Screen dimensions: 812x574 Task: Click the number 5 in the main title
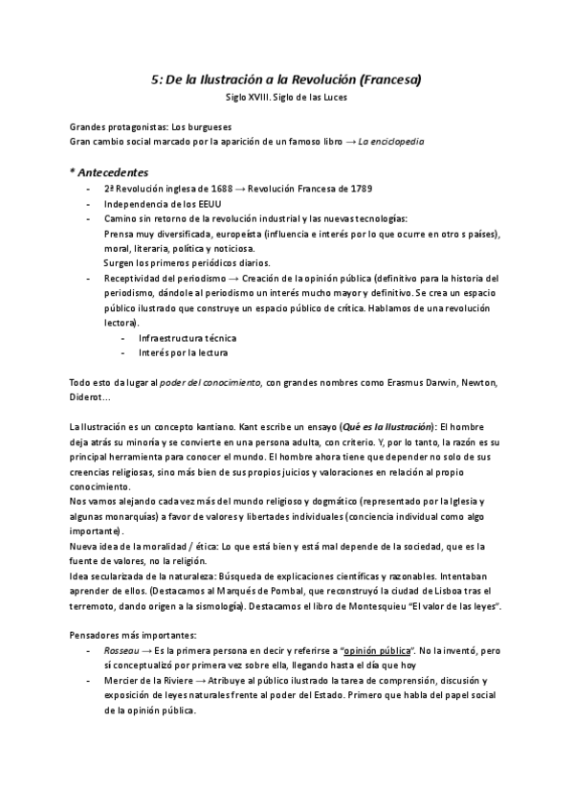pos(156,80)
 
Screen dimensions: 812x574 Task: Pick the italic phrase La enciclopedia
pos(390,141)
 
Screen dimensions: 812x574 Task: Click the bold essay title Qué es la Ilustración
pos(382,425)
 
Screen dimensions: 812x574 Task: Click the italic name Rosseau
pos(122,649)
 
